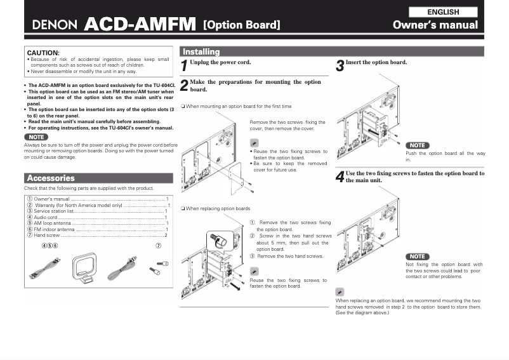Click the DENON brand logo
tap(55, 26)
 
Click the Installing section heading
tap(201, 51)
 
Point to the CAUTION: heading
tap(43, 53)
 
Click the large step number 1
tap(184, 65)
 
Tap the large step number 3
tap(340, 65)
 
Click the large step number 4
tap(340, 177)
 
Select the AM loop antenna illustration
tap(82, 267)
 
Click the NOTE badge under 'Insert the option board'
tap(417, 145)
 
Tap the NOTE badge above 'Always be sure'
tap(36, 137)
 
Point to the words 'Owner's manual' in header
tap(435, 25)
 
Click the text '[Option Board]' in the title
tap(241, 26)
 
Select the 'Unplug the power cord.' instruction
tap(220, 62)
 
